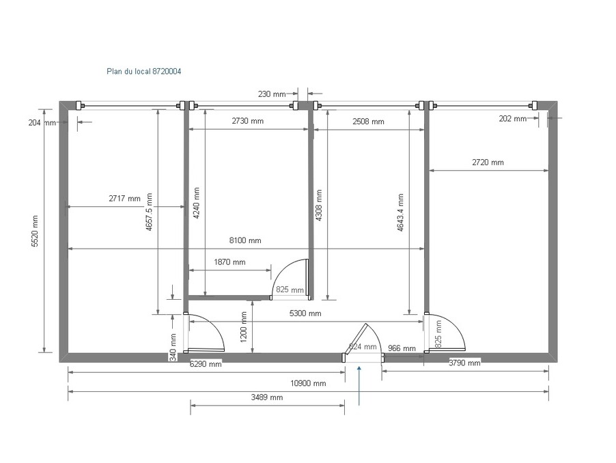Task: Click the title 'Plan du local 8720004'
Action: click(x=144, y=72)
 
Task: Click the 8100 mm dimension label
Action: click(x=245, y=240)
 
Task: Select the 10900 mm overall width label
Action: click(x=308, y=383)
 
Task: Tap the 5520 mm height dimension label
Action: click(x=35, y=231)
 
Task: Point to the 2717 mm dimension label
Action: click(x=124, y=198)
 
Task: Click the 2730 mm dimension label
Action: click(x=247, y=121)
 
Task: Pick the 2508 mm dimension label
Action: click(x=368, y=122)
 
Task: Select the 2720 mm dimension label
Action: click(x=488, y=163)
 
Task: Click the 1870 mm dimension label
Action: click(x=229, y=262)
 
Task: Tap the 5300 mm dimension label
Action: click(x=305, y=313)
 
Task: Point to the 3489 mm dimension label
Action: click(x=267, y=397)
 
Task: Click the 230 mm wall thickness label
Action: click(x=272, y=94)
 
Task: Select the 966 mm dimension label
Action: click(x=402, y=348)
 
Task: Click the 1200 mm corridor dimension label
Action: click(x=244, y=327)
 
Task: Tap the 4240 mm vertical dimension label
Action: click(x=197, y=203)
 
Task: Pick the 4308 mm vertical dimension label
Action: click(x=319, y=206)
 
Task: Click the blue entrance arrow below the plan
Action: click(x=359, y=385)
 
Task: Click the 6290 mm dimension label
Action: click(x=206, y=364)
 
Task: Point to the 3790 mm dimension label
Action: click(x=464, y=363)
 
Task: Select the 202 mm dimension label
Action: click(x=513, y=119)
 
